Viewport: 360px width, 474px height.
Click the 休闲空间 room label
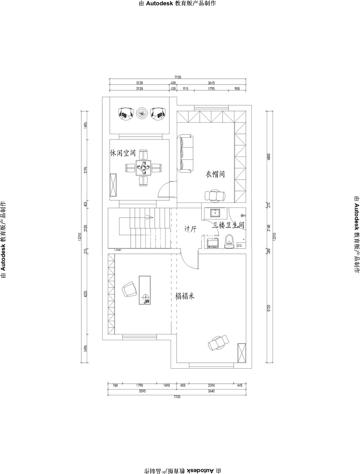tap(123, 153)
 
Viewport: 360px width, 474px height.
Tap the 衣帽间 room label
tap(215, 174)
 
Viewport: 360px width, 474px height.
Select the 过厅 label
tap(190, 229)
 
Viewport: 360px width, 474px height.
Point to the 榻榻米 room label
tap(185, 296)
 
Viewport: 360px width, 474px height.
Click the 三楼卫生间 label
tap(228, 225)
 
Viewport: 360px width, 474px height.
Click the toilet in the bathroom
tap(229, 241)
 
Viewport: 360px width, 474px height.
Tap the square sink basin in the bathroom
tap(215, 213)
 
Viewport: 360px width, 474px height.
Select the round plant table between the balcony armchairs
tap(142, 113)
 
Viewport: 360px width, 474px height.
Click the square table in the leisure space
tap(143, 167)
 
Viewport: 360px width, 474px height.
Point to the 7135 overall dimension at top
tap(177, 77)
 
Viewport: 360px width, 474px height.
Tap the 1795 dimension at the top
tap(211, 88)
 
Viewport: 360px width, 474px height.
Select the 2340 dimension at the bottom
tap(211, 385)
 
